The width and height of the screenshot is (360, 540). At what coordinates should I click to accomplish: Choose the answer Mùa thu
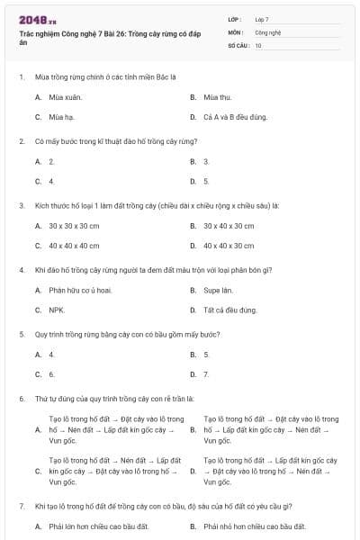(x=218, y=96)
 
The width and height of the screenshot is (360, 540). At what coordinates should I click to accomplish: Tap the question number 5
(x=21, y=334)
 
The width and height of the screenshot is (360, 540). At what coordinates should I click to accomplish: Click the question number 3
(x=21, y=205)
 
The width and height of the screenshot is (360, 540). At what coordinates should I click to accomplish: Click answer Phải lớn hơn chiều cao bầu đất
(x=98, y=526)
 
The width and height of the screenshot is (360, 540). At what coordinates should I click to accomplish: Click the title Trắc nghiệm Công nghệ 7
(x=98, y=37)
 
